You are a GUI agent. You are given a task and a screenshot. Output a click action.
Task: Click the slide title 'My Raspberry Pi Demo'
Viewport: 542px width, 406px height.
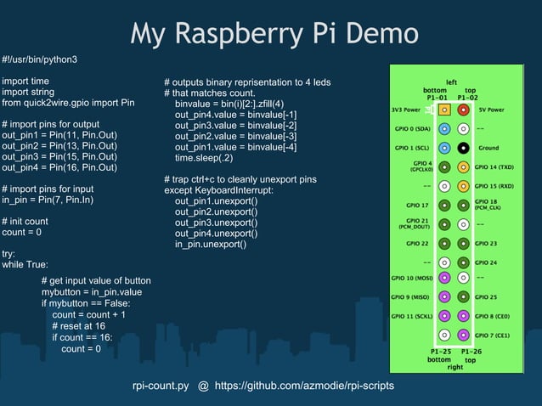[x=274, y=33]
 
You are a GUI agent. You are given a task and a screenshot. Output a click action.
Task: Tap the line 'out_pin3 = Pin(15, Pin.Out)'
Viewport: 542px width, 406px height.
[x=59, y=156]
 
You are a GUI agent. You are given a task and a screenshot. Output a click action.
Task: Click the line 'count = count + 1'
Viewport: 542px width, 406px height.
[x=88, y=314]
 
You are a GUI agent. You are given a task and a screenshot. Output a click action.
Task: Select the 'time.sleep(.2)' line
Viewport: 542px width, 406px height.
[x=204, y=158]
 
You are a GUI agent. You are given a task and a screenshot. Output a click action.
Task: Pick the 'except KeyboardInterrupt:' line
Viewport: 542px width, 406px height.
[x=218, y=190]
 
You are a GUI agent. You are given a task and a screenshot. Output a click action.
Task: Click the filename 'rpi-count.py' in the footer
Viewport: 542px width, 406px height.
[x=161, y=386]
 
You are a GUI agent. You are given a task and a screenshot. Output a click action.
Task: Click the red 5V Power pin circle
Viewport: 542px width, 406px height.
[x=463, y=110]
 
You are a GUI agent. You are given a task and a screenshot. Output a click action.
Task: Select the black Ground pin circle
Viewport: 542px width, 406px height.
[x=463, y=147]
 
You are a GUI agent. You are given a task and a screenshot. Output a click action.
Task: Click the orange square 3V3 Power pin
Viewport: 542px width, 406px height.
[x=444, y=110]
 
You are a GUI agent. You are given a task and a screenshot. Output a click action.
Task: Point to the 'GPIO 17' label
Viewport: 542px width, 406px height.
[x=418, y=205]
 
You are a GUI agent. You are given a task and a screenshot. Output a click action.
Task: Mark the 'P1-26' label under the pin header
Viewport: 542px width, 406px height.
[x=471, y=352]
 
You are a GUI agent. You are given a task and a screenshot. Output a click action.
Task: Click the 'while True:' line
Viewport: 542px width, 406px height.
[x=25, y=264]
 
